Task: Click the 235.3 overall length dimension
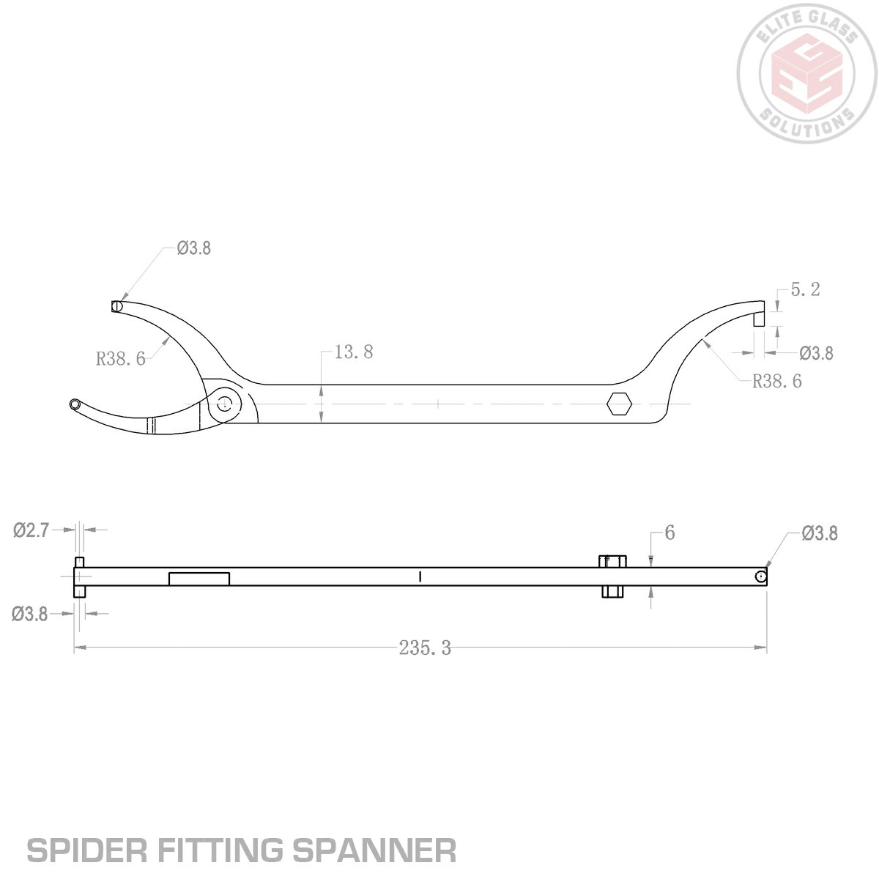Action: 425,648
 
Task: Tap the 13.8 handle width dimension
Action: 354,352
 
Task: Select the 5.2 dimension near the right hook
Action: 805,290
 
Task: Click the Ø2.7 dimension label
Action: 31,530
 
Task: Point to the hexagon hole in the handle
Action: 619,403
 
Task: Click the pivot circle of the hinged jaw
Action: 225,402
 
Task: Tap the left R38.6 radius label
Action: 120,359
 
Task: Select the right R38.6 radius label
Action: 777,382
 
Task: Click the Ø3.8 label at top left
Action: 193,248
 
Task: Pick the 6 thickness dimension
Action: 670,533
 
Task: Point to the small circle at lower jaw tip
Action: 74,404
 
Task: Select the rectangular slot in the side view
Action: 199,579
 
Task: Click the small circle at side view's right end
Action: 762,577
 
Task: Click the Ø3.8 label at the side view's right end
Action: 820,533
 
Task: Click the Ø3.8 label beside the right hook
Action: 816,354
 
